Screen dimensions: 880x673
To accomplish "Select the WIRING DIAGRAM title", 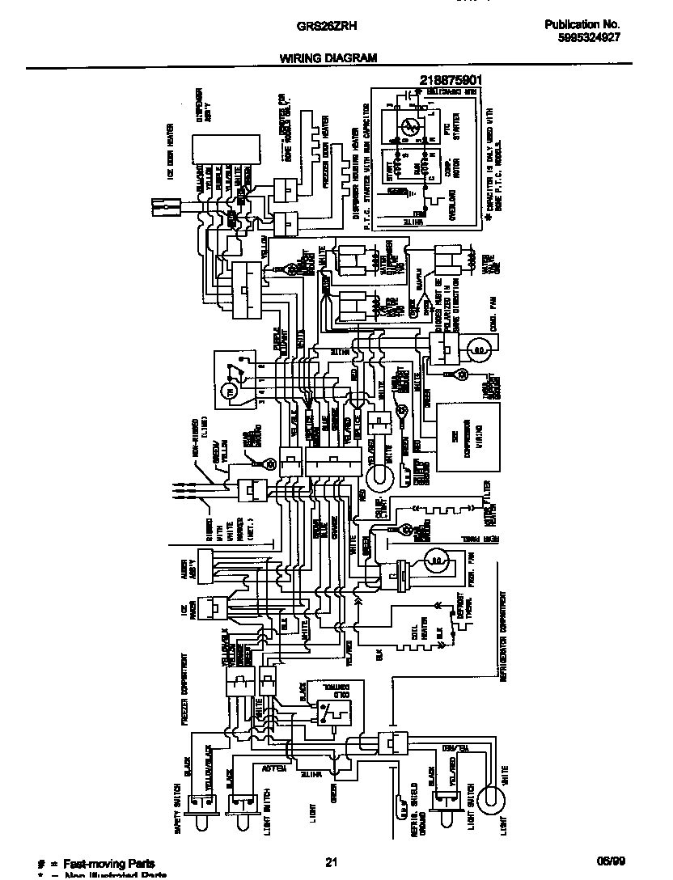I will click(328, 58).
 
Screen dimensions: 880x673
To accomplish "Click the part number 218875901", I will click(451, 79).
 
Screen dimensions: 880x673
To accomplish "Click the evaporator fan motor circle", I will click(437, 559).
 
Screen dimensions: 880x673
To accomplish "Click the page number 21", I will click(330, 862).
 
